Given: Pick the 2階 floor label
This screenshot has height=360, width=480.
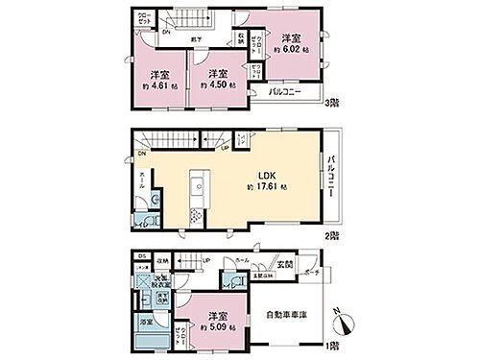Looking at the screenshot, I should click(x=331, y=233).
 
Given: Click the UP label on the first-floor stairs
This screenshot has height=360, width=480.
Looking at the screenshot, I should click(x=205, y=260).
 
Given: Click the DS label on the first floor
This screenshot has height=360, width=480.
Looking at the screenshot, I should click(x=141, y=255).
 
